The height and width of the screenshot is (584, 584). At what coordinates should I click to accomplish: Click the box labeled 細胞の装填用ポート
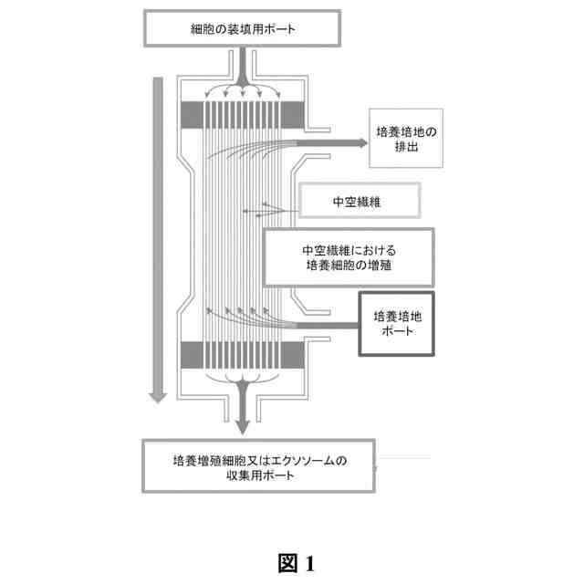(241, 28)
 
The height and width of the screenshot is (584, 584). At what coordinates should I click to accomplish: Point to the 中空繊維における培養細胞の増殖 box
(348, 256)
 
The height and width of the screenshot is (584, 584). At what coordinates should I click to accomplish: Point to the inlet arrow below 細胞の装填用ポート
(242, 69)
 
